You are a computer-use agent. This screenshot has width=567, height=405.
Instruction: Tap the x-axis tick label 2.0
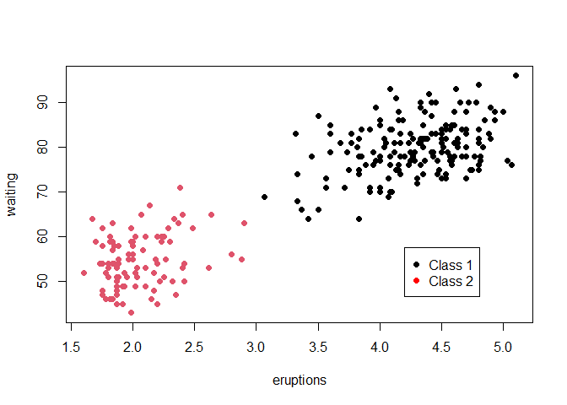click(132, 345)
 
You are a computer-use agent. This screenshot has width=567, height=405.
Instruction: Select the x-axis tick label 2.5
click(194, 345)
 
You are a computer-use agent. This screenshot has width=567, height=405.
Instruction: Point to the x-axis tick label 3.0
click(256, 345)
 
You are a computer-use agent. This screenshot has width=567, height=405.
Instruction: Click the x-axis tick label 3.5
click(318, 345)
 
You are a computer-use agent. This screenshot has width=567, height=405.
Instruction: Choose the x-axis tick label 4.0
click(380, 345)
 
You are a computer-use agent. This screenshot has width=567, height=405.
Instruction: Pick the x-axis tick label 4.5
click(441, 345)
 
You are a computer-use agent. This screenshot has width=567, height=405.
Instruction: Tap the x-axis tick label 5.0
click(504, 345)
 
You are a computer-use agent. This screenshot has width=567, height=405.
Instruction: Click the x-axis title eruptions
click(300, 381)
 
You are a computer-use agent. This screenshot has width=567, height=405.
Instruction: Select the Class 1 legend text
click(451, 264)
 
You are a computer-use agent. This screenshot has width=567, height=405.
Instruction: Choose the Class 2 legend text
click(451, 281)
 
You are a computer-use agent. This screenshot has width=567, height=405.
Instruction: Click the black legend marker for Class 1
click(417, 264)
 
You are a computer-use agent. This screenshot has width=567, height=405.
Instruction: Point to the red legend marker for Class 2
click(417, 281)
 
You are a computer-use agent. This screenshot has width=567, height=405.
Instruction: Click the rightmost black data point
click(516, 75)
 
